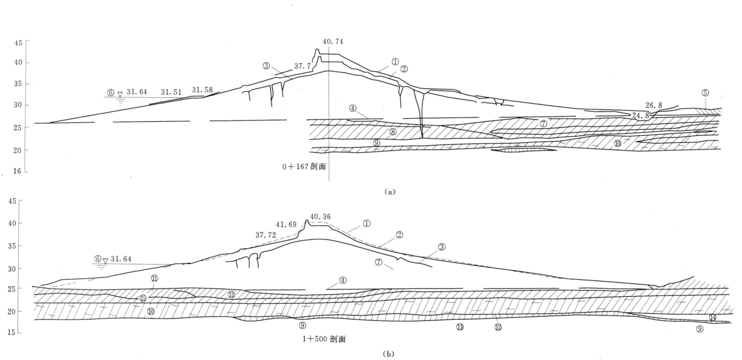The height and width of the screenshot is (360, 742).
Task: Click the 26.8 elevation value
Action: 656,105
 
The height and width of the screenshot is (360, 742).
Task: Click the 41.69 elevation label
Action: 285,224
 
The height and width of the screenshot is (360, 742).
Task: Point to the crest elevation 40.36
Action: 320,216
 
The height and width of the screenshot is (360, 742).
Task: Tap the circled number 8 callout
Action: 393,133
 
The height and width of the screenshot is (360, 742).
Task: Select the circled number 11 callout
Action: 154,277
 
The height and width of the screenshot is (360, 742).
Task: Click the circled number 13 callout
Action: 460,326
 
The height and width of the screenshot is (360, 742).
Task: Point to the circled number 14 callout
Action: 713,317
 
